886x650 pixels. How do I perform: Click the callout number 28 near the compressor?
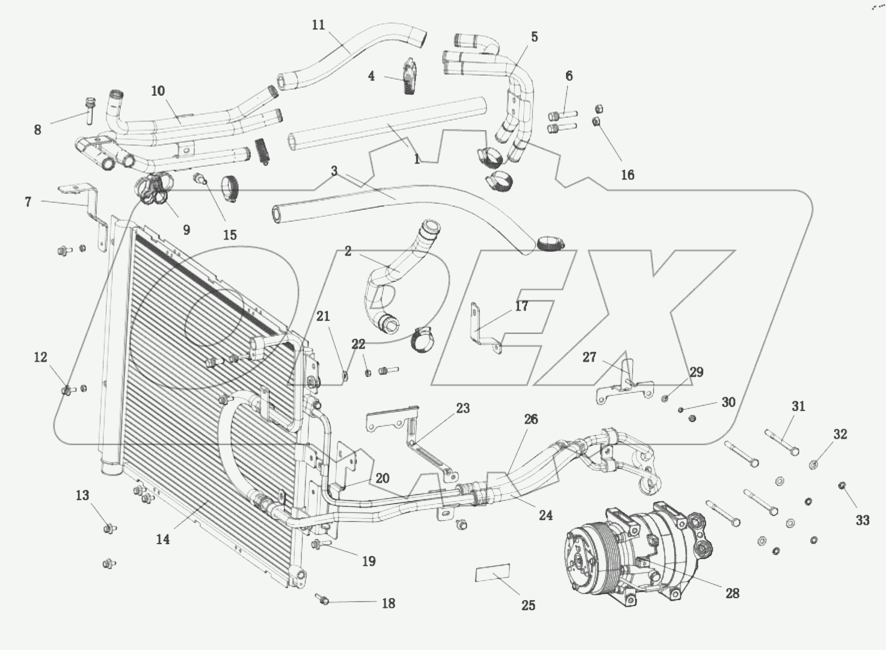coord(731,593)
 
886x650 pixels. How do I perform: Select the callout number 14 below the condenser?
coord(162,539)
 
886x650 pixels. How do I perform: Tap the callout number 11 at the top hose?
coord(318,25)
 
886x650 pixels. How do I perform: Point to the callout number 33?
coord(862,521)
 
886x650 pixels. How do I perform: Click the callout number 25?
coord(528,605)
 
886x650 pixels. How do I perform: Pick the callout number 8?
coord(37,129)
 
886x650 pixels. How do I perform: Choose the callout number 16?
coord(627,175)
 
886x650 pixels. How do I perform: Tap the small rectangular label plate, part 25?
coord(493,573)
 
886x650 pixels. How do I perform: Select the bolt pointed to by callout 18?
coord(322,599)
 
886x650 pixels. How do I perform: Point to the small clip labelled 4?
coord(410,76)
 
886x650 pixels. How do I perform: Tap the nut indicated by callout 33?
coord(841,486)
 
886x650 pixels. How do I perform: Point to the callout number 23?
coord(462,408)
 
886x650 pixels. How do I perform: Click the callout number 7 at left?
coord(28,202)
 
